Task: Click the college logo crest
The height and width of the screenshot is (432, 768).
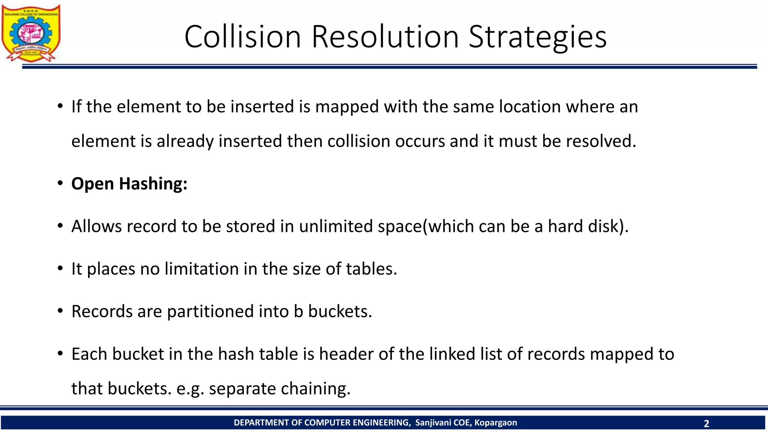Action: (x=31, y=33)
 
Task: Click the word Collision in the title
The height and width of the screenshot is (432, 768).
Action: (x=243, y=37)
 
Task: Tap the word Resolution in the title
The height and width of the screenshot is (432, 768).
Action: (x=385, y=37)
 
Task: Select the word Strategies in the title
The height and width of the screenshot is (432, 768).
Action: (x=537, y=37)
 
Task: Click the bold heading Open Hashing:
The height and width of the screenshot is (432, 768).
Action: (x=129, y=184)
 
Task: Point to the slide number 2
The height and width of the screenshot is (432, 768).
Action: (x=706, y=423)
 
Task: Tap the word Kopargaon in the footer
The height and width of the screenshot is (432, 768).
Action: (x=495, y=423)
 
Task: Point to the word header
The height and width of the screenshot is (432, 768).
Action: (x=346, y=354)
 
